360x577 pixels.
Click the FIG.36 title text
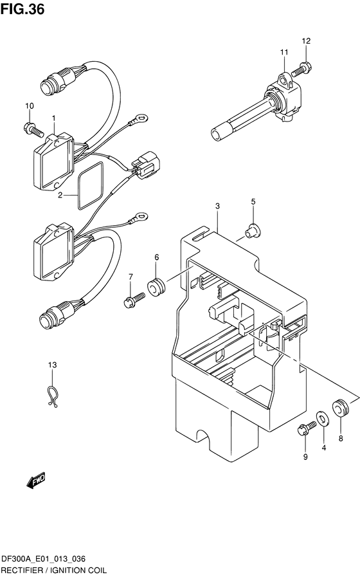22,9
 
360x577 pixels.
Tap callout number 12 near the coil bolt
306,41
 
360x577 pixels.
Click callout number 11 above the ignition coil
284,53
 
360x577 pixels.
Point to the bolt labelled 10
33,129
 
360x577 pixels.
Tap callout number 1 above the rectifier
54,118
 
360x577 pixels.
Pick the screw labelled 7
134,299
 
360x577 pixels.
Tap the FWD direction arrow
35,480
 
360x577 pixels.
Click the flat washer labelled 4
323,418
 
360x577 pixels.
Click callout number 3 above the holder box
217,206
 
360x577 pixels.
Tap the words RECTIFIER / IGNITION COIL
54,571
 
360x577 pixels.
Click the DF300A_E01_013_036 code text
43,560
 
